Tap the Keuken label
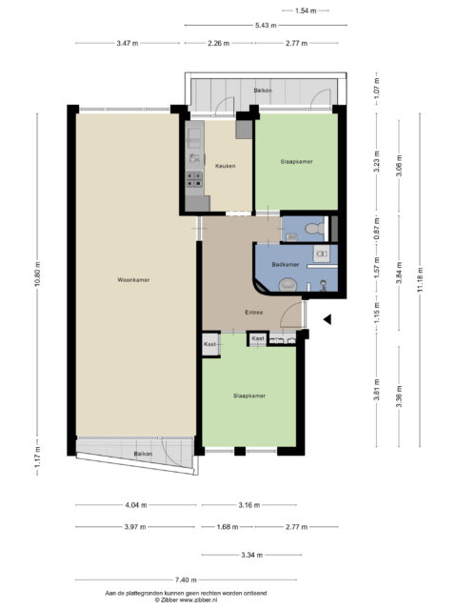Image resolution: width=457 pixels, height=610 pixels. click(225, 166)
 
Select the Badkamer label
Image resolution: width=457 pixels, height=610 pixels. click(286, 263)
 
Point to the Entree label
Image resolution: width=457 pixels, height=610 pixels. click(253, 312)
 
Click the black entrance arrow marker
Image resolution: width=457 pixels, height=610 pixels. click(327, 320)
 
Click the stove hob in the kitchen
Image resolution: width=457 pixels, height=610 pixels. click(194, 177)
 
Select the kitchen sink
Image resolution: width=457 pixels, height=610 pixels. click(194, 157)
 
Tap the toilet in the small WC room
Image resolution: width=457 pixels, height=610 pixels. click(291, 229)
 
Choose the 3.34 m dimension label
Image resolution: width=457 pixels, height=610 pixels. click(250, 554)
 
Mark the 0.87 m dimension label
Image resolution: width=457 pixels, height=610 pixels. click(376, 228)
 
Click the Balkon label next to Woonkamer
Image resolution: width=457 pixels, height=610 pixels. click(143, 454)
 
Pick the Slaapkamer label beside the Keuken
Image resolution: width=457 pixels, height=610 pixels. click(296, 162)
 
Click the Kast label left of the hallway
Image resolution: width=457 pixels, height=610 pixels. click(209, 343)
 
